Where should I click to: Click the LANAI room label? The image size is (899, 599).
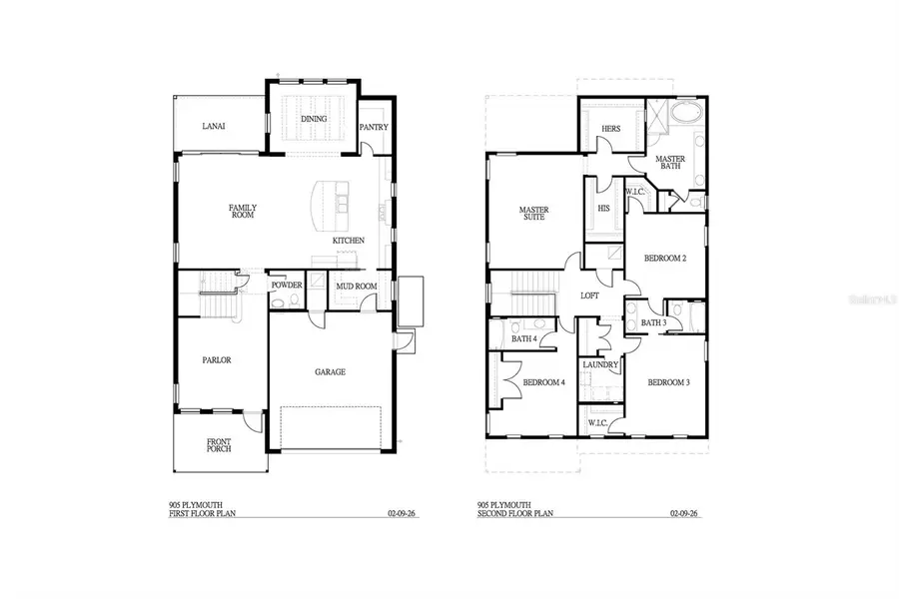coord(213,127)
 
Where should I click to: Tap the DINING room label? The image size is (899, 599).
coord(314,120)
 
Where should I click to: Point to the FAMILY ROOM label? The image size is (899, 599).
coord(245,211)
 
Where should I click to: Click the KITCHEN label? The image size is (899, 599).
coord(349,241)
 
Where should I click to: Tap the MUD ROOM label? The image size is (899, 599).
coord(356,287)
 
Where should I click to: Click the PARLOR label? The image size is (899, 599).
coord(217,360)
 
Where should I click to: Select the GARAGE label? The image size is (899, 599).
coord(331,372)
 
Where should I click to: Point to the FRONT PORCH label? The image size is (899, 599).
coord(219,445)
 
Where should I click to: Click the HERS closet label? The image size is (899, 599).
coord(610,129)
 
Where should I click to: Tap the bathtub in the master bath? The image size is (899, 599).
coord(686,112)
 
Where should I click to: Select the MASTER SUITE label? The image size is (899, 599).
coord(531,214)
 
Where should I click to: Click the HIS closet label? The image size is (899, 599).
coord(603,209)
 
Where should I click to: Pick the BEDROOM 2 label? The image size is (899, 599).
coord(665,259)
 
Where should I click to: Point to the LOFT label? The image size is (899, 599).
coord(590,297)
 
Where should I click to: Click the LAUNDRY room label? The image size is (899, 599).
coord(601,365)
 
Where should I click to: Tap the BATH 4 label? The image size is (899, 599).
coord(524,339)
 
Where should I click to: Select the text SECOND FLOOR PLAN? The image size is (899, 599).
coord(516,515)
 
